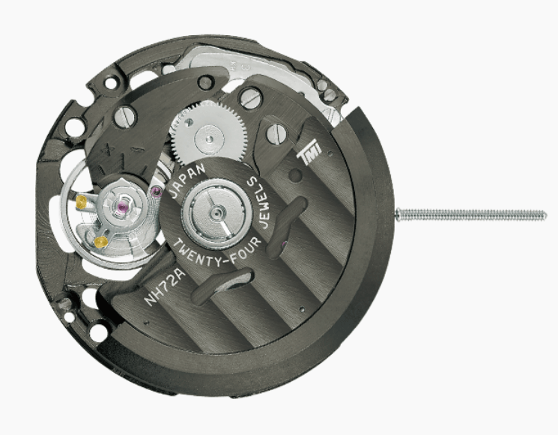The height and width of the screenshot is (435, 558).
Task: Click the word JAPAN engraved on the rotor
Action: (x=189, y=180)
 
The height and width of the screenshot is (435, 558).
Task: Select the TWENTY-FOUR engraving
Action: (x=218, y=252)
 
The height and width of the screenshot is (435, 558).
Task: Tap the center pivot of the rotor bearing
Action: (x=215, y=213)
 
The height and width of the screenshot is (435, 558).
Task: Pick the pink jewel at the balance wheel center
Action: (x=123, y=207)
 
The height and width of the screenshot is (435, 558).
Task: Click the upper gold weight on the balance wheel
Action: (x=82, y=201)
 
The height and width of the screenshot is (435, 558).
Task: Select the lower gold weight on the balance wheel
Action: (x=100, y=242)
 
